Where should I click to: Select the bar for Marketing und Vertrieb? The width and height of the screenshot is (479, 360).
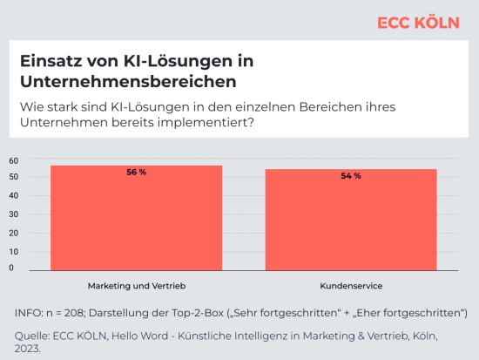136,218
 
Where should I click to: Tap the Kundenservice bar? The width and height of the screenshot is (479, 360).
350,220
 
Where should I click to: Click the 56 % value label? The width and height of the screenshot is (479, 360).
136,173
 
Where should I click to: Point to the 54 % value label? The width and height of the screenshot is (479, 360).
350,176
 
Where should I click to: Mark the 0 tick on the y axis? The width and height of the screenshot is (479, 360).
12,268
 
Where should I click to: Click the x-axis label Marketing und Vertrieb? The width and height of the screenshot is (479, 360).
137,286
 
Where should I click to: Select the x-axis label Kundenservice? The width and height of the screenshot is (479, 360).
351,286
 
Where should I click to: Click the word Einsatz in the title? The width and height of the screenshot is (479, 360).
49,64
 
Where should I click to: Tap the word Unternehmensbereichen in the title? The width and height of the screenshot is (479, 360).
128,84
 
